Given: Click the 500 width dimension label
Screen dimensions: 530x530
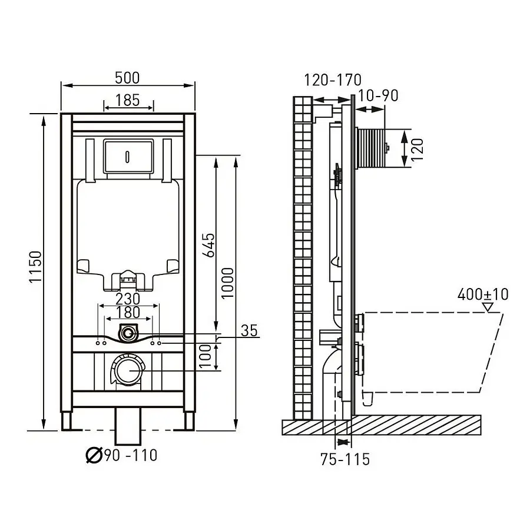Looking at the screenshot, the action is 127,78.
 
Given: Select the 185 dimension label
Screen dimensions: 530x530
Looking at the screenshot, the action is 127,100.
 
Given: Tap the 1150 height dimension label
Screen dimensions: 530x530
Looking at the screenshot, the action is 35,267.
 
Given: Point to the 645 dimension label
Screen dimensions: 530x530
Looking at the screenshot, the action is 208,245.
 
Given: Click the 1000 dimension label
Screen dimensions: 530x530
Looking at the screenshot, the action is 227,283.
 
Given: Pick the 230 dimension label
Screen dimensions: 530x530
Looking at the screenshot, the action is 128,299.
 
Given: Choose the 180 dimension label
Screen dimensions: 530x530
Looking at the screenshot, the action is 128,312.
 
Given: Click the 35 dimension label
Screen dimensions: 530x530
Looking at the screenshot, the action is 250,330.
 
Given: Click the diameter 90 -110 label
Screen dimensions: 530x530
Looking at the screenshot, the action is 122,455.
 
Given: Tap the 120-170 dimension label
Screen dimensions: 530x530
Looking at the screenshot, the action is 333,80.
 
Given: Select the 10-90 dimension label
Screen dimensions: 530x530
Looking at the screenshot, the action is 378,95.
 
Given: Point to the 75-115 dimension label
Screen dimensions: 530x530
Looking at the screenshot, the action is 345,459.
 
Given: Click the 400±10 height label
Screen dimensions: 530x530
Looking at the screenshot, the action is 483,294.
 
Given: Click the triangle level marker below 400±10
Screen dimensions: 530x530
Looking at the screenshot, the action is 488,307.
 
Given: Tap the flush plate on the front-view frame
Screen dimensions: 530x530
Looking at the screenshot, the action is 128,156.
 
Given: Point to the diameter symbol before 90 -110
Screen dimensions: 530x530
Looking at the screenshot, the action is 94,455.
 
